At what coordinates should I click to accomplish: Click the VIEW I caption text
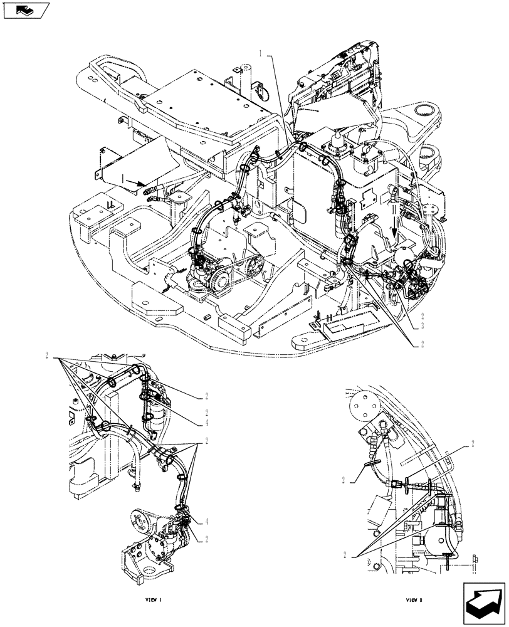click(x=153, y=600)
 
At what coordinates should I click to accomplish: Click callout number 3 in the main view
click(x=424, y=327)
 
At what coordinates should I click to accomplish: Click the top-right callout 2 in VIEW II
click(x=472, y=443)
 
